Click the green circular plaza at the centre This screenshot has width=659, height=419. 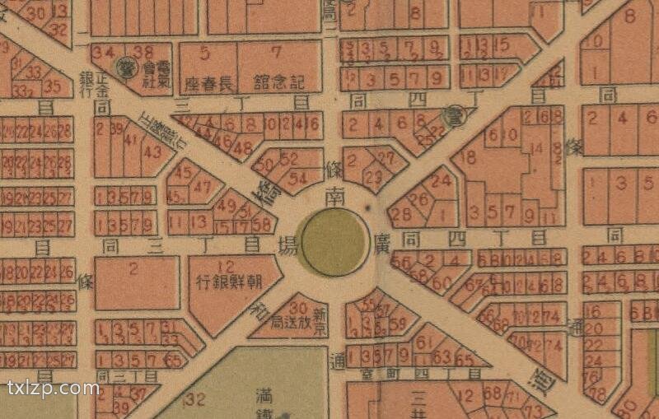(333, 240)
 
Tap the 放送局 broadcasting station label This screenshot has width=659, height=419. (287, 321)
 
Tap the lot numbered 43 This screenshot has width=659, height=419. (152, 151)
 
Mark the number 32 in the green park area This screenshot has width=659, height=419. (195, 399)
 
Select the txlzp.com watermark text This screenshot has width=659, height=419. (52, 388)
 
